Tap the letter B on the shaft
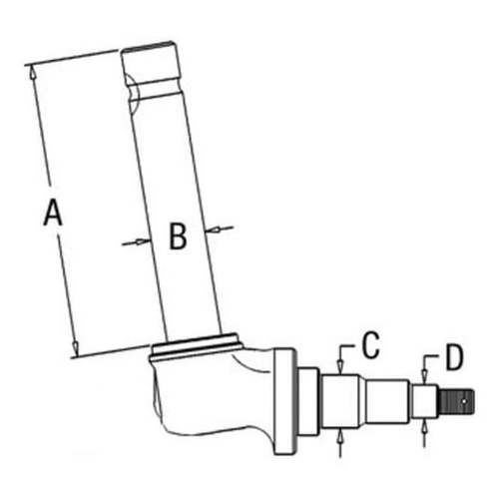[x=177, y=237]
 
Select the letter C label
[x=370, y=345]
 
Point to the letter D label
[x=454, y=355]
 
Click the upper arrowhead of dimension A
[x=33, y=72]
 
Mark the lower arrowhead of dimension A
[x=75, y=349]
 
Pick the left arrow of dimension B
[x=131, y=243]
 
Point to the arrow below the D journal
[x=427, y=426]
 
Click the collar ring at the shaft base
[x=196, y=348]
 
